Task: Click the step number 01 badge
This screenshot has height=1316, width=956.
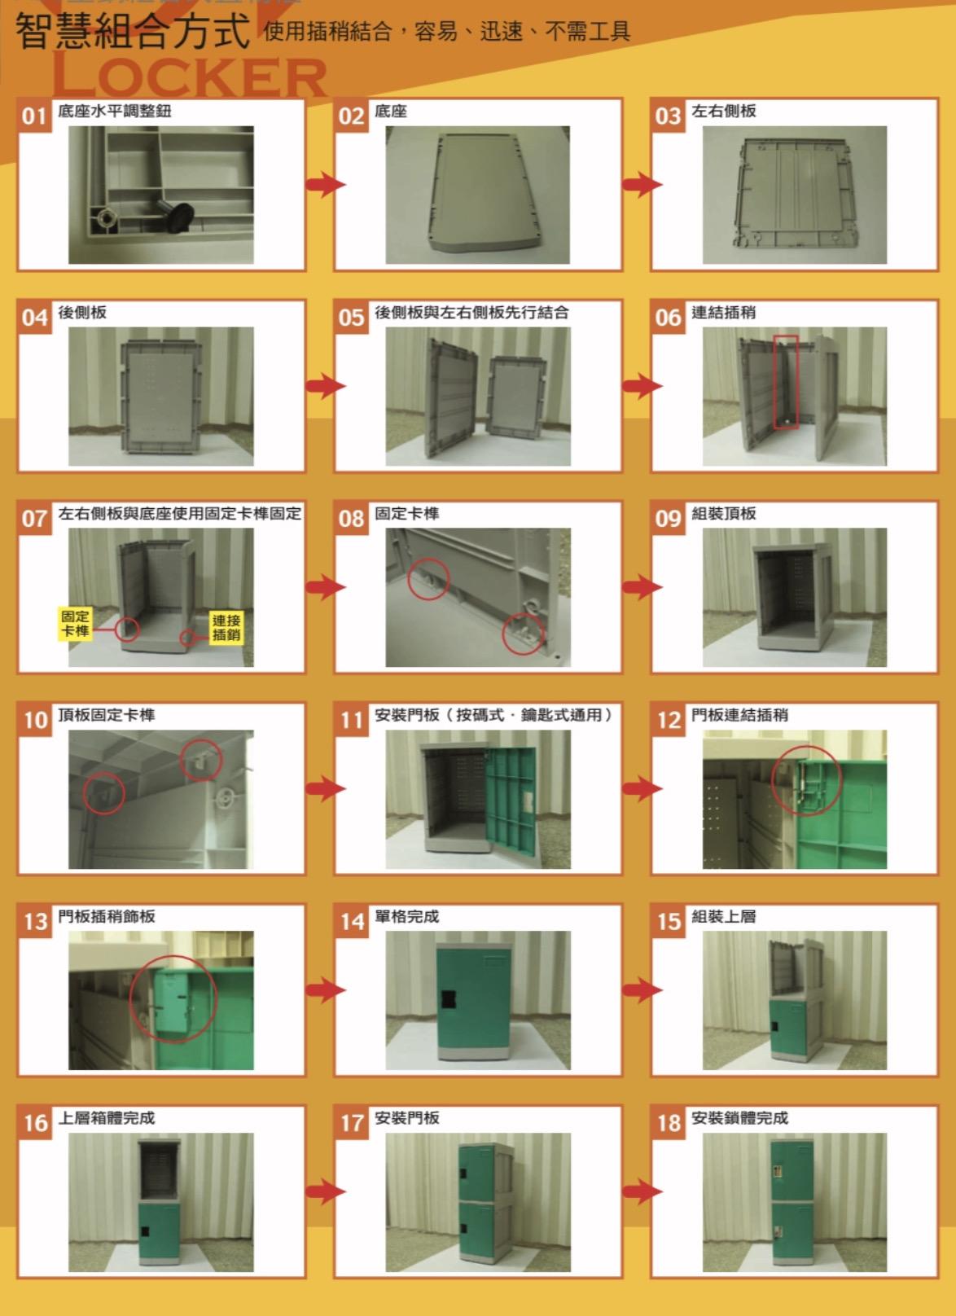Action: (35, 116)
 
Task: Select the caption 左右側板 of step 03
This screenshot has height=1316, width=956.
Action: (724, 111)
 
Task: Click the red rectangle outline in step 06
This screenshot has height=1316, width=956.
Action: (786, 382)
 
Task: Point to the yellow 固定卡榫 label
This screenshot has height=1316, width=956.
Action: (75, 624)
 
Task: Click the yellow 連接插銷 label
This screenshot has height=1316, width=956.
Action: (226, 627)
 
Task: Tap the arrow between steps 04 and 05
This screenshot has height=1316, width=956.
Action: (326, 386)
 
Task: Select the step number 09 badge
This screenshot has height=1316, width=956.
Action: (669, 518)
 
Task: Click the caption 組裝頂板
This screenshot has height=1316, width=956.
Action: (724, 514)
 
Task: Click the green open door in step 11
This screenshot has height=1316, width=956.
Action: (511, 801)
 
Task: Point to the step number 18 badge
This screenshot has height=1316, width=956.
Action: (669, 1123)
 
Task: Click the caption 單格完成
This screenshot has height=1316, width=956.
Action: (406, 916)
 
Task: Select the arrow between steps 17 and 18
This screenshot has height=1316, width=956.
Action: (642, 1192)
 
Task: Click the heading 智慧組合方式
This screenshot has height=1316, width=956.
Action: (132, 31)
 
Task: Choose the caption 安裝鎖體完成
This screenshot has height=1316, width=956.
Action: (739, 1118)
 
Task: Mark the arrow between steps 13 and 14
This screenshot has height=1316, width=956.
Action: (326, 990)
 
